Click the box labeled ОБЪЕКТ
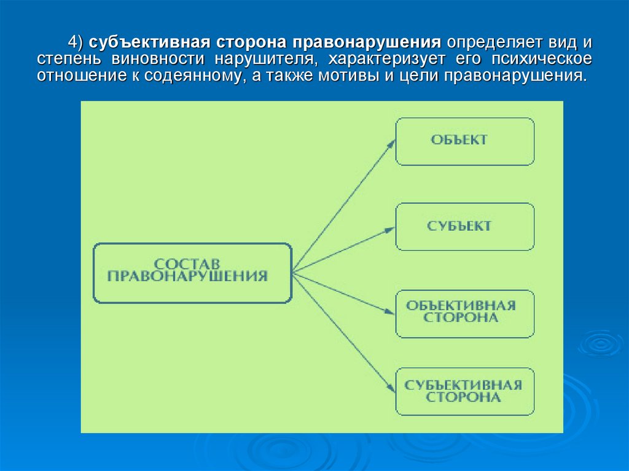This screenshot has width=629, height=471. click(464, 141)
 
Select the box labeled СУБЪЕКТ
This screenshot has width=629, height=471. click(464, 227)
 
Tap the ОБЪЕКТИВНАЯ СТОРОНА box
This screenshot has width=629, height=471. click(464, 313)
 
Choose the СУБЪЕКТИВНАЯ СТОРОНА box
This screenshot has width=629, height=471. click(464, 392)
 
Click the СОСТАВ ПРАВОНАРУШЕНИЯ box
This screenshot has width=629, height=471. click(192, 273)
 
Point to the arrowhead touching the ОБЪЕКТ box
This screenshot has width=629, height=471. click(391, 143)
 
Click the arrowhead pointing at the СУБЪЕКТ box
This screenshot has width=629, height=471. click(391, 229)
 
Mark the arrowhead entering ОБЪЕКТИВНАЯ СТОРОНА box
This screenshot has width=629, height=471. click(391, 311)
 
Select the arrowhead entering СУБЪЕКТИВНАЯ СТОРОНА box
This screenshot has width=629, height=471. click(391, 387)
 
